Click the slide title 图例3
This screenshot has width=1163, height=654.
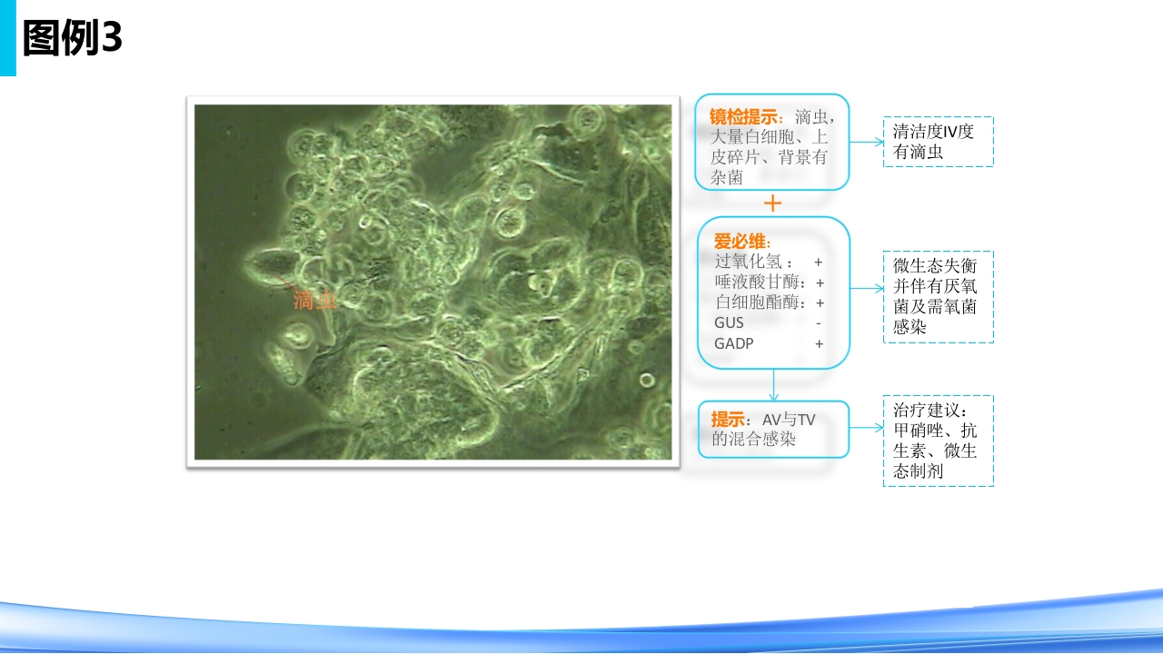coord(72,37)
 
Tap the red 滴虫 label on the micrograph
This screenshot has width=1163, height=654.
coord(314,301)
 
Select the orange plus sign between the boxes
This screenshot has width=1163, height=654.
coord(772,203)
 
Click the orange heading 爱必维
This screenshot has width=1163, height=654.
coord(742,242)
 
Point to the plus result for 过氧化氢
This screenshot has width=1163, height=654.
coord(819,263)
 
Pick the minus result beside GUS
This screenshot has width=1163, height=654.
coord(819,323)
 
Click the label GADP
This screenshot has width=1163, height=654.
coord(733,343)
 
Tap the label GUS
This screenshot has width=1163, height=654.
coord(729,322)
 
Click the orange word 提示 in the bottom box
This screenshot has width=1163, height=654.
coord(728,420)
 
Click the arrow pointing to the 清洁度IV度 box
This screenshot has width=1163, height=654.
coord(867,142)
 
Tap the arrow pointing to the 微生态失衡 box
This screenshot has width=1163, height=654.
coord(867,288)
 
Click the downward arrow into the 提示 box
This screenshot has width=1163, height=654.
coord(773,384)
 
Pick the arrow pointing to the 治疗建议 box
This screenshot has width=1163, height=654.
coord(867,428)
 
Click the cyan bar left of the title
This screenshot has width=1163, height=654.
coord(8,38)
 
